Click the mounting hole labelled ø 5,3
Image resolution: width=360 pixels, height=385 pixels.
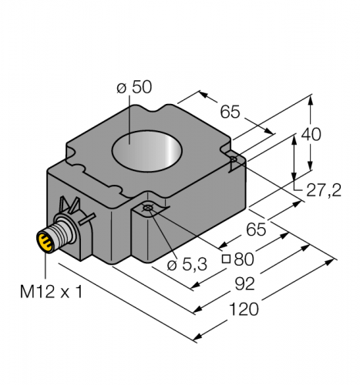(x=150, y=210)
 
